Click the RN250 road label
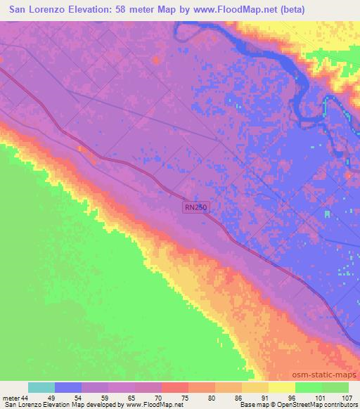pos(196,207)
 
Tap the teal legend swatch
pos(41,387)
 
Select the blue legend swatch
pos(69,387)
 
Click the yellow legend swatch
pos(282,387)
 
